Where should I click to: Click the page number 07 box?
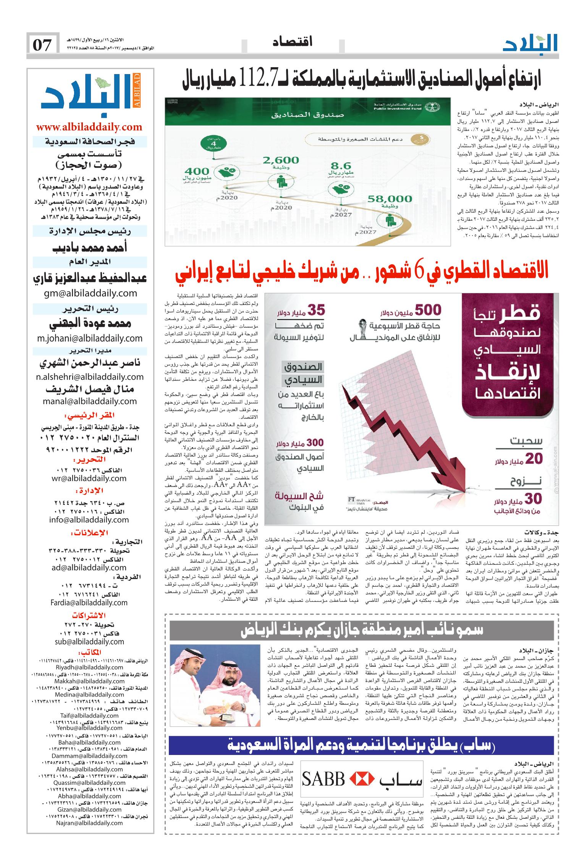(x=43, y=45)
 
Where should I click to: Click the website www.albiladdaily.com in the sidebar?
(x=89, y=127)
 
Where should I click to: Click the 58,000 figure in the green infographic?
(x=390, y=199)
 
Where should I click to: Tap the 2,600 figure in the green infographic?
(x=280, y=160)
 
